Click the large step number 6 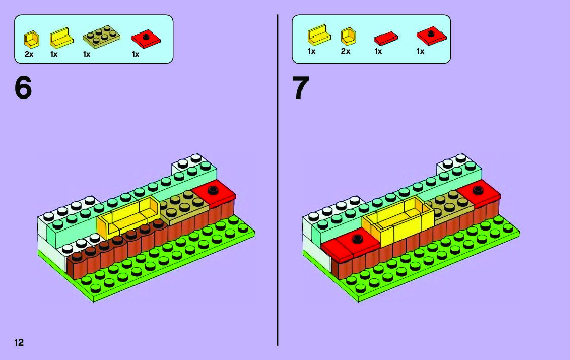point(23,88)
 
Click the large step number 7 point(300,88)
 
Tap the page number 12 point(19,342)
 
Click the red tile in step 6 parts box point(146,38)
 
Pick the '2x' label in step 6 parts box point(29,54)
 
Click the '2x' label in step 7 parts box point(346,51)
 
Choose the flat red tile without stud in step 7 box point(386,38)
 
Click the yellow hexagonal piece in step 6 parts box point(31,39)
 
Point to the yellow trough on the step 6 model point(128,216)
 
